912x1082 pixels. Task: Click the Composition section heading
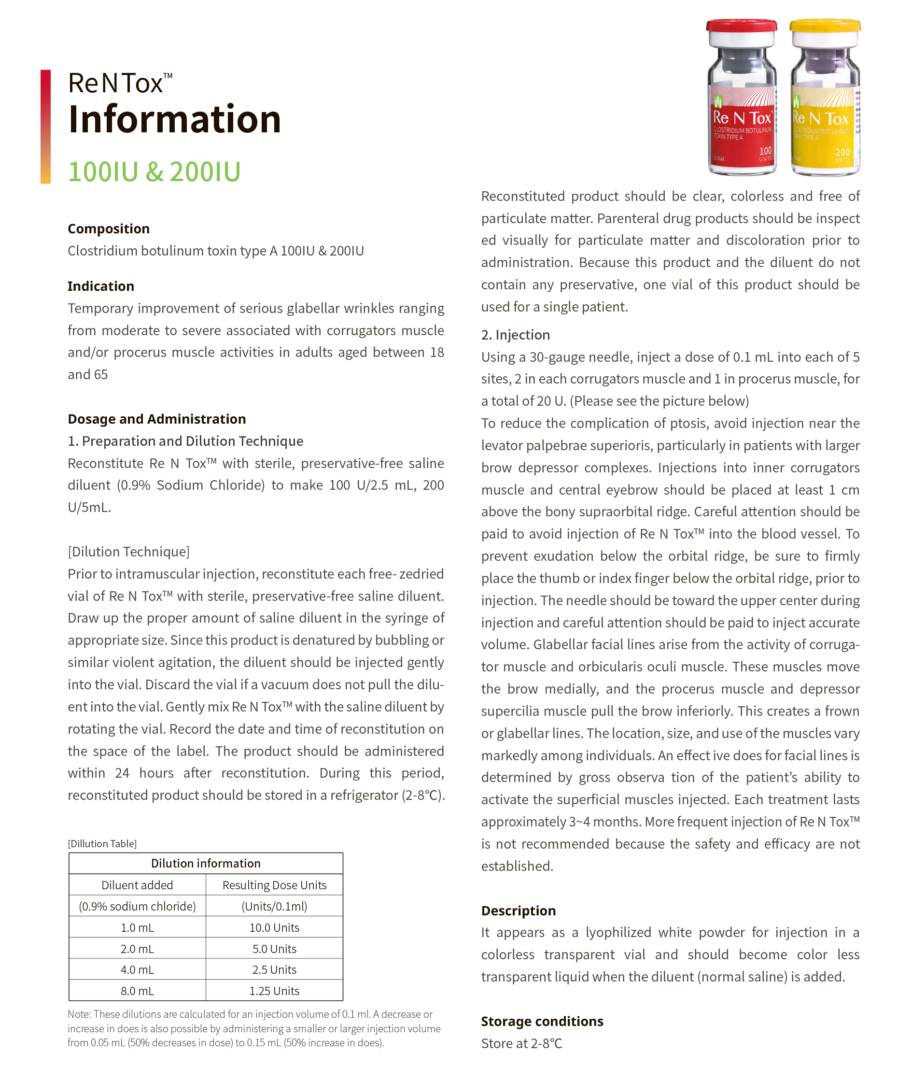[109, 228]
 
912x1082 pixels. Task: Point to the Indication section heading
[101, 286]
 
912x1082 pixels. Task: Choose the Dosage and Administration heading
[156, 419]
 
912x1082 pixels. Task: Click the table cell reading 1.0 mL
[137, 928]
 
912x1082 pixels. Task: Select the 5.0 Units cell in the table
[274, 949]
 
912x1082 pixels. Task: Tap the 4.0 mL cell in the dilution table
[137, 970]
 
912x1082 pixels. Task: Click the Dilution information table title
[205, 863]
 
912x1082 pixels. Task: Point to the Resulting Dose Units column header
[274, 885]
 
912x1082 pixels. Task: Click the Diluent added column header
[137, 885]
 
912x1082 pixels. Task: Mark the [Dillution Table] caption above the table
[102, 843]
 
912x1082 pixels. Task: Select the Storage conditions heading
[542, 1021]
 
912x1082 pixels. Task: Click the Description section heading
[518, 911]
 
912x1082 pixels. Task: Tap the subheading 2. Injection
[515, 335]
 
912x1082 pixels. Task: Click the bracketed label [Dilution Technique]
[128, 552]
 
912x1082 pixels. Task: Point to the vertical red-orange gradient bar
[45, 127]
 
